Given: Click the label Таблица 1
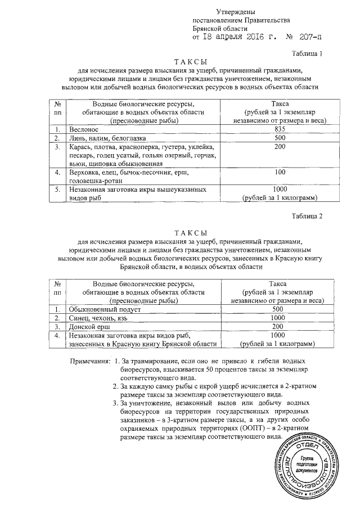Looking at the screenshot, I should [309, 53].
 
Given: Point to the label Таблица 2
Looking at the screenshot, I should [309, 216].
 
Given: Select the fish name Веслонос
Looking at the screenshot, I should [85, 129].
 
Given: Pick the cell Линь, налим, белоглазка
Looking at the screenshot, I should [106, 138].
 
